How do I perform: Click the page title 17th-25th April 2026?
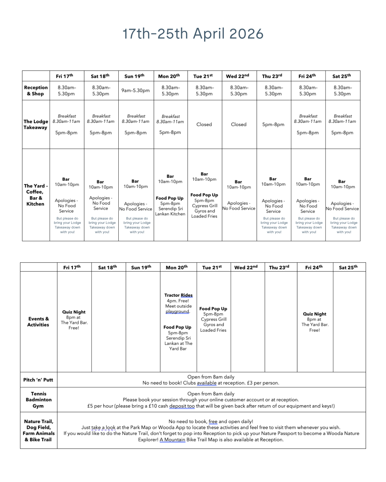point(193,34)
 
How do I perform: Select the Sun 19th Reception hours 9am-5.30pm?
point(135,91)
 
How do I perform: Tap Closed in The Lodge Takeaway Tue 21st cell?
point(204,124)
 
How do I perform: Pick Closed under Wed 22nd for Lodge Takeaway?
point(239,124)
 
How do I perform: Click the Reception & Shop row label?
point(36,91)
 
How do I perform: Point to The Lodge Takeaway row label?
point(36,124)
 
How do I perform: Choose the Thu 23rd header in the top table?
point(272,76)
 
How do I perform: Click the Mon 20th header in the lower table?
point(177,267)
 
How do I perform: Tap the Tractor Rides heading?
point(178,295)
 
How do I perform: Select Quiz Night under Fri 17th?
point(74,312)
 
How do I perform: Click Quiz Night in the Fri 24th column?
point(315,314)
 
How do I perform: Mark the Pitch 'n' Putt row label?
point(38,380)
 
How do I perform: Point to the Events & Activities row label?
point(38,322)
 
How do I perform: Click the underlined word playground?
point(177,311)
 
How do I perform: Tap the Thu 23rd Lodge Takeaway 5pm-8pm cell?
point(273,125)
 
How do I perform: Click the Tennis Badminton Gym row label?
point(39,400)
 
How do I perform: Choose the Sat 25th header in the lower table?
point(348,267)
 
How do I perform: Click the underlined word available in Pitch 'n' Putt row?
point(207,383)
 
